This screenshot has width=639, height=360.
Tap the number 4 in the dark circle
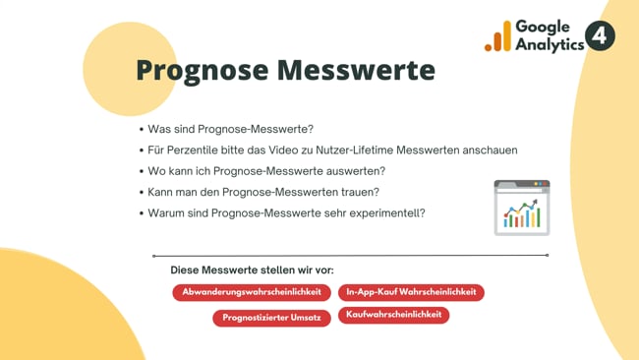(600, 36)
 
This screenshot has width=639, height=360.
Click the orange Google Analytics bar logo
(497, 37)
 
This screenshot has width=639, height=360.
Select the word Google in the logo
(542, 27)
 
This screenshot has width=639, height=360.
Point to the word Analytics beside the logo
(549, 45)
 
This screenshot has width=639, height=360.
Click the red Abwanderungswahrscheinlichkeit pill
(252, 292)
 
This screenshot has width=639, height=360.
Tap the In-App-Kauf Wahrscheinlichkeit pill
(411, 292)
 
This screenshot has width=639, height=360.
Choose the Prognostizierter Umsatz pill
(271, 318)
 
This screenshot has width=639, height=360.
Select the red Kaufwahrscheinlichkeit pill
(394, 315)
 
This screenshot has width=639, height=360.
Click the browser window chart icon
(521, 208)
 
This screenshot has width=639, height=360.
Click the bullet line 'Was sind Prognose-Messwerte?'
(230, 129)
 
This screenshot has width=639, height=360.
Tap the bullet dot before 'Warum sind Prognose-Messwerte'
(142, 213)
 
